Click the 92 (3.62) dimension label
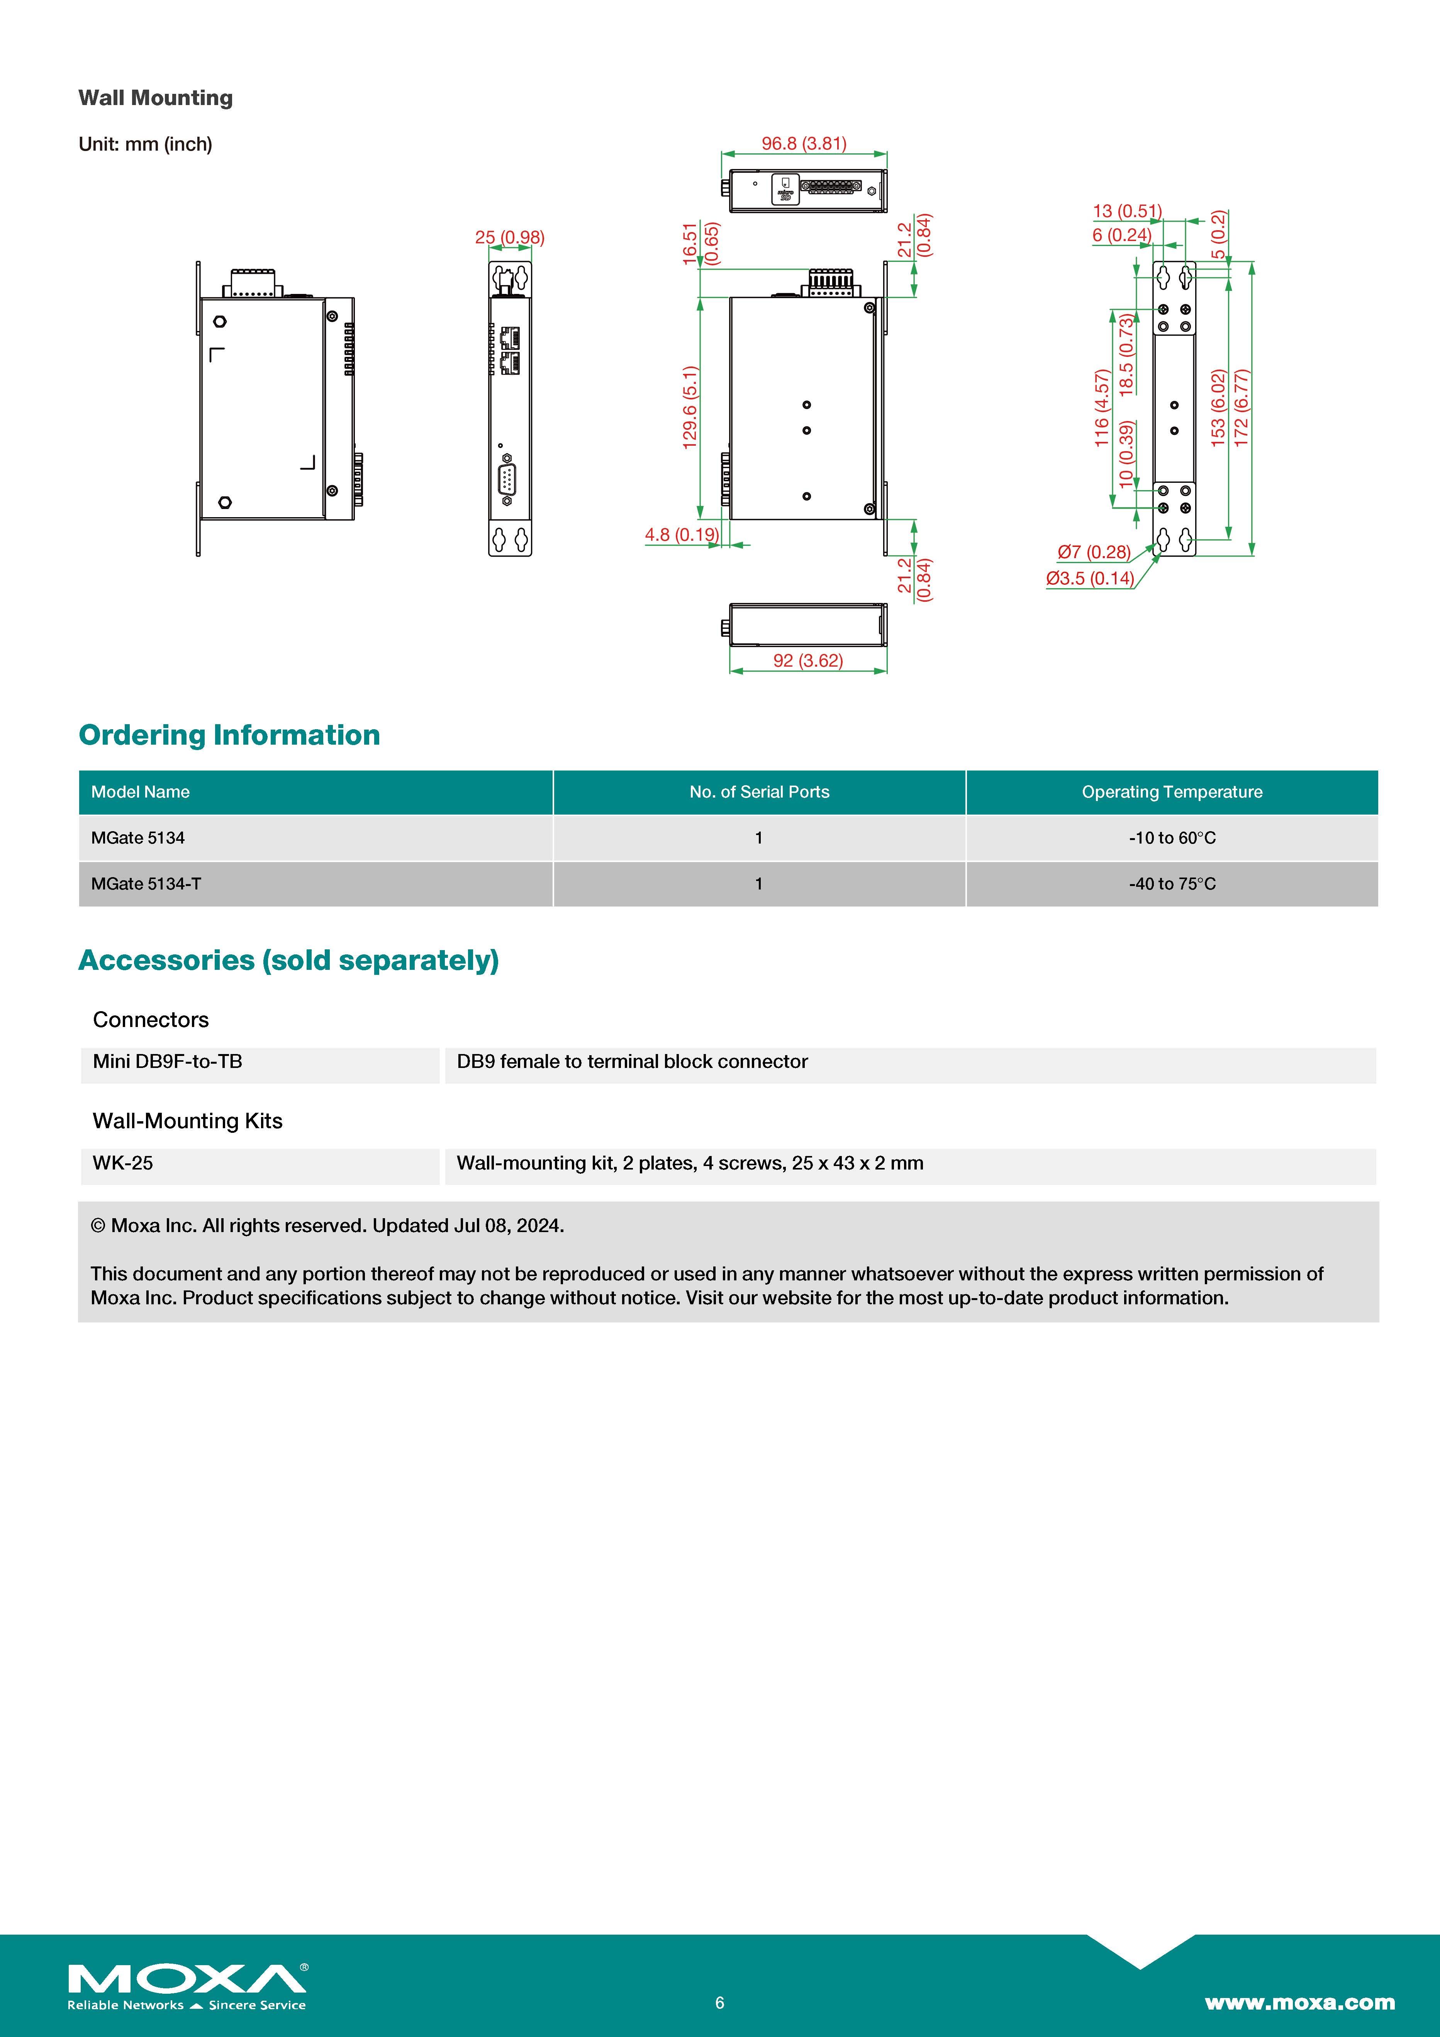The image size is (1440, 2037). (807, 660)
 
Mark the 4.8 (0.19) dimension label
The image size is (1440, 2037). (682, 534)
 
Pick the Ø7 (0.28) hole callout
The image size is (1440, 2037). (1093, 552)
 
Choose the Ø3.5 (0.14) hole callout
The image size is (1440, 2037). (1089, 579)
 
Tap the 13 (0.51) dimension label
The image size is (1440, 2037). (1127, 211)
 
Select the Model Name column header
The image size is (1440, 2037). (140, 792)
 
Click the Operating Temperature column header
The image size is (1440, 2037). (1171, 792)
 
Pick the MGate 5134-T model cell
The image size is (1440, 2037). (146, 884)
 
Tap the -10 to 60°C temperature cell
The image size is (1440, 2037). (1171, 837)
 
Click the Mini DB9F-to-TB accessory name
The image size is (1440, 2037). (168, 1062)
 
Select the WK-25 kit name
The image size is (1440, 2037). (122, 1163)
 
